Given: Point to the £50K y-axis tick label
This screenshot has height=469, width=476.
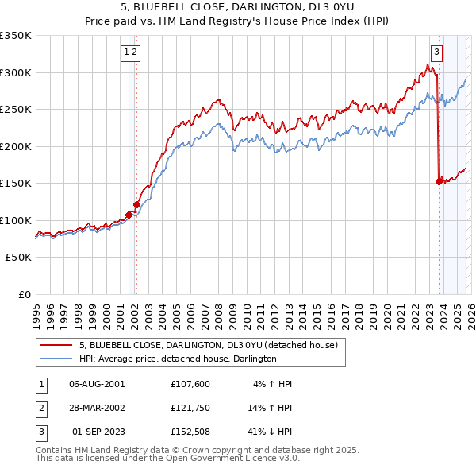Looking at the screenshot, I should coord(17,258).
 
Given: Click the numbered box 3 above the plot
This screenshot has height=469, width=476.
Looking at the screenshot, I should coord(437,52).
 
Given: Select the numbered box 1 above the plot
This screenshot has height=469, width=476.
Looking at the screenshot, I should coord(125,52).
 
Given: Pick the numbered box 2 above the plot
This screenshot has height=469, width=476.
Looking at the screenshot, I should coord(135,52).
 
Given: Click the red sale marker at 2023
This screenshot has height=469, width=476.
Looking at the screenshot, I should coord(439,181).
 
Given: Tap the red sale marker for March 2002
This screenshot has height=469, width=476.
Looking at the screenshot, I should coord(136,204).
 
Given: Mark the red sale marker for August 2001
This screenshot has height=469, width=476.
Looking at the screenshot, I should coord(129,215).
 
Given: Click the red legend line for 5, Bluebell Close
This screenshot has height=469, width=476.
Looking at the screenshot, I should coord(56,345).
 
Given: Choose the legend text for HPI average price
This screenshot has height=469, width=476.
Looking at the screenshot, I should coord(178,359).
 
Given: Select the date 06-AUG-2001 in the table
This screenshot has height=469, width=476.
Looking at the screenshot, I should coord(97,383).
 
